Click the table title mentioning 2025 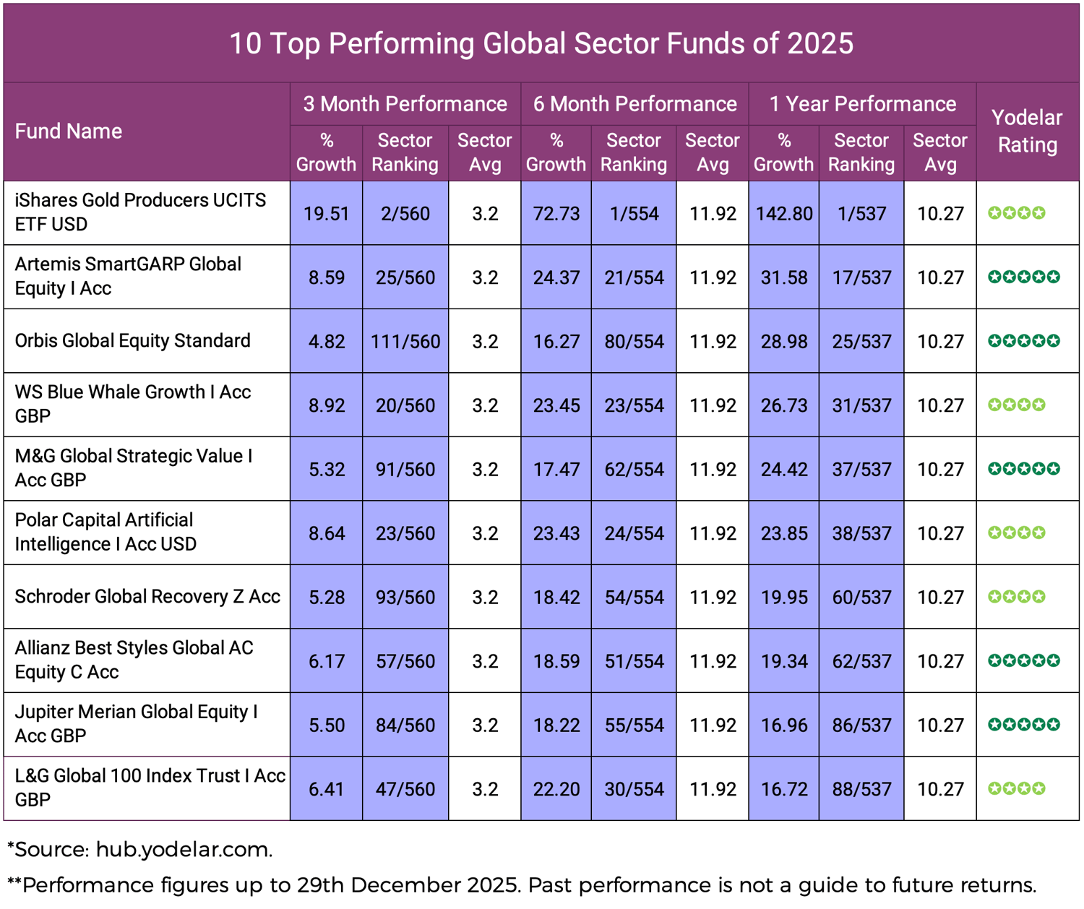[541, 43]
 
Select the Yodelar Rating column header [1027, 131]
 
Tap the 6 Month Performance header [635, 104]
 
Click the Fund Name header [69, 132]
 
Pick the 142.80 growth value [784, 214]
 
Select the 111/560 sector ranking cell [405, 341]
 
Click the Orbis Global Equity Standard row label [133, 341]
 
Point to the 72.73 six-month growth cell [556, 214]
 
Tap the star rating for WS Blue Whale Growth [1016, 405]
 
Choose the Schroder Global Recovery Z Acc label [147, 597]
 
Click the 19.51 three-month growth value [327, 214]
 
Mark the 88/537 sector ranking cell [861, 789]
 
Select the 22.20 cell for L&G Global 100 [556, 789]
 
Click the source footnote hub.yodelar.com [184, 850]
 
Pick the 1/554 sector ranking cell [634, 214]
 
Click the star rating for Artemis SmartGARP [1023, 277]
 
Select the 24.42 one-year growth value [784, 470]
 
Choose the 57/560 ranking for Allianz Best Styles [405, 661]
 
